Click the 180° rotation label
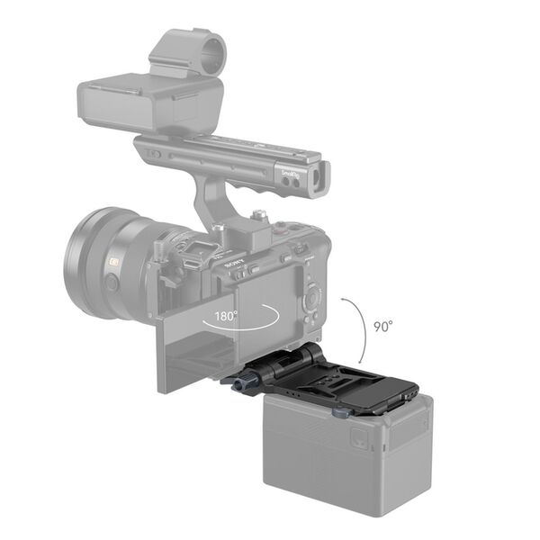(226, 317)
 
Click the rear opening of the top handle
(320, 175)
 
